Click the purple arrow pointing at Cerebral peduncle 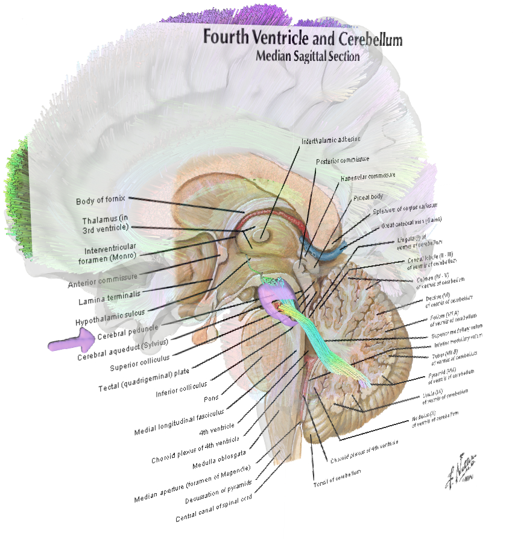coord(71,344)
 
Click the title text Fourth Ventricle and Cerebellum coord(302,38)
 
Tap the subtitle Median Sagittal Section coord(308,57)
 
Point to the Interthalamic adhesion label coord(331,139)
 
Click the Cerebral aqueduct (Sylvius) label coord(124,348)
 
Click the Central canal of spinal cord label coord(213,508)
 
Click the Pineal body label coord(368,197)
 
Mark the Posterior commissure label coord(343,161)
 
